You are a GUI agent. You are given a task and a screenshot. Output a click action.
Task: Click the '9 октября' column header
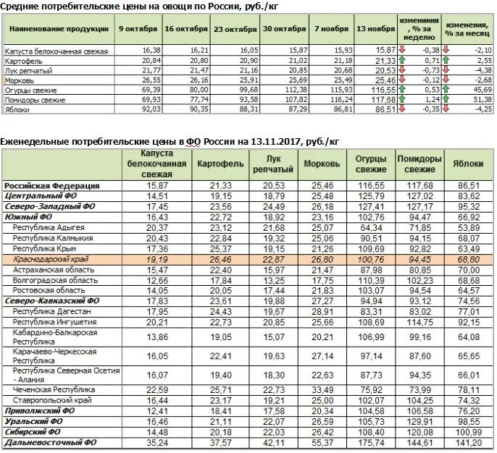138,29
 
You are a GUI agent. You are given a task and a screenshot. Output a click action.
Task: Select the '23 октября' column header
235,29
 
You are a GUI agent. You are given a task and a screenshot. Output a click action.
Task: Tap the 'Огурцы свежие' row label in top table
30,90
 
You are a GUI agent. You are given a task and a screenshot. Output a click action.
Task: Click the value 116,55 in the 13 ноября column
383,90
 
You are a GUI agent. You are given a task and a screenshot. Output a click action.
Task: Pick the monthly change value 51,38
483,99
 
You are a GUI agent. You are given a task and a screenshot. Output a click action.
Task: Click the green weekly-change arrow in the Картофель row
402,60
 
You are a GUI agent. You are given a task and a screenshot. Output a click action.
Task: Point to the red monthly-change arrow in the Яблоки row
446,109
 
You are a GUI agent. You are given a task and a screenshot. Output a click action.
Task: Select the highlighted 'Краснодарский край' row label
51,259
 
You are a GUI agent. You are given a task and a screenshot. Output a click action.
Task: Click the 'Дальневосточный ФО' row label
51,442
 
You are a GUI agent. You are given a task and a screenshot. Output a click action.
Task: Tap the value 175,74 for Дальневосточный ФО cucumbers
371,443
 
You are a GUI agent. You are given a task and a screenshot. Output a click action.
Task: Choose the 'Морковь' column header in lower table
322,164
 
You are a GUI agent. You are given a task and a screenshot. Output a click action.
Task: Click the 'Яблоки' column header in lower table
468,164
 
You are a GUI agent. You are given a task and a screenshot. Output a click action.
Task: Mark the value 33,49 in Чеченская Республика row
322,390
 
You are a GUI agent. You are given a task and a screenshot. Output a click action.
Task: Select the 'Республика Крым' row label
44,248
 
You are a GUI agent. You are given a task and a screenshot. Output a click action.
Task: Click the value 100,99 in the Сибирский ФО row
469,432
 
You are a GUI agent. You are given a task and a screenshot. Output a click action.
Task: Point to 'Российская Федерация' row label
52,185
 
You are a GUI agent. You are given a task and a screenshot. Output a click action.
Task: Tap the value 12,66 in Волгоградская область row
157,281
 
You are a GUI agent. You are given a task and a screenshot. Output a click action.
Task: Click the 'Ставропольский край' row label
52,400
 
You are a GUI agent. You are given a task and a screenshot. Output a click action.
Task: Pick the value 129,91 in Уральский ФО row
419,422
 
